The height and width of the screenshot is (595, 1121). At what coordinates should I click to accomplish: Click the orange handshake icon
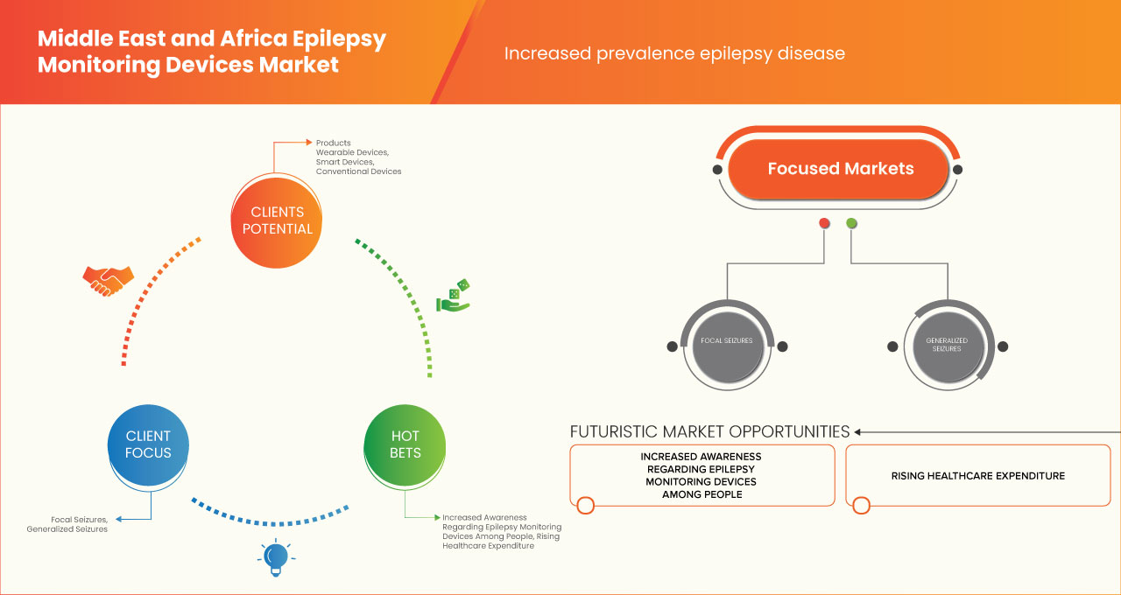(108, 280)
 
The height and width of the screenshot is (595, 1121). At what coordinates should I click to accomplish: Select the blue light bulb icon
(276, 557)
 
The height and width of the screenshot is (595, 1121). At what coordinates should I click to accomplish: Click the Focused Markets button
(840, 169)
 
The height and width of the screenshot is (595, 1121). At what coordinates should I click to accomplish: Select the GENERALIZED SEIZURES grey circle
(947, 344)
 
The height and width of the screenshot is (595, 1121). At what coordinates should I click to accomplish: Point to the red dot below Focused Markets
(824, 223)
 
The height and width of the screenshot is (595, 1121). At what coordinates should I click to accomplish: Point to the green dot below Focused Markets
(851, 223)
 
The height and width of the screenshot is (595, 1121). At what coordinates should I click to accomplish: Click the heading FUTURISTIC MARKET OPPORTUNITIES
(709, 431)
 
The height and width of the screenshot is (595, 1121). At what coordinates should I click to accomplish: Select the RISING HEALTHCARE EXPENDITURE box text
(977, 476)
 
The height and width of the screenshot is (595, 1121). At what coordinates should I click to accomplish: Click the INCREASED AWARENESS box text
(701, 475)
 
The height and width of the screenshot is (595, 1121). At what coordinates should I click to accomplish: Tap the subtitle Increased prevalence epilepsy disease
(674, 53)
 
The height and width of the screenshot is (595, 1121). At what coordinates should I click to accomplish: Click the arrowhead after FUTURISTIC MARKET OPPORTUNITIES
(858, 431)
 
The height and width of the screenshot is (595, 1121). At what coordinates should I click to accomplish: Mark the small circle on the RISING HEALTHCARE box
(861, 505)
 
